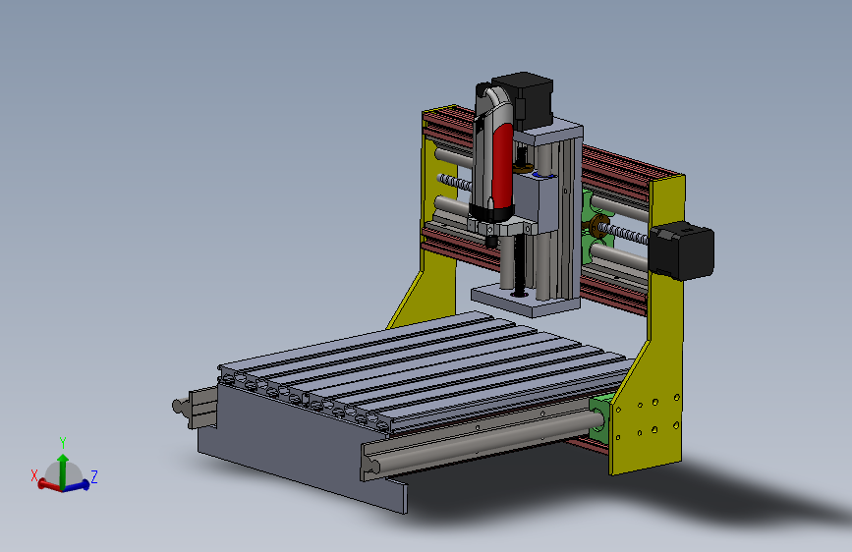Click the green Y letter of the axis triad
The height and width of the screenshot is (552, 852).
click(63, 443)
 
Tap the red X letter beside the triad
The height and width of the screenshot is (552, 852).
click(34, 475)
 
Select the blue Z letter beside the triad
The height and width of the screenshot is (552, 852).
click(94, 477)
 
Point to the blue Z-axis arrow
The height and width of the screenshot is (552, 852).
click(79, 484)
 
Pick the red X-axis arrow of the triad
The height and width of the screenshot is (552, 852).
click(47, 484)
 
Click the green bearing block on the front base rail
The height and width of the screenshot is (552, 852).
click(600, 417)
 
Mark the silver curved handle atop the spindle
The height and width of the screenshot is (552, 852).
click(492, 103)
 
